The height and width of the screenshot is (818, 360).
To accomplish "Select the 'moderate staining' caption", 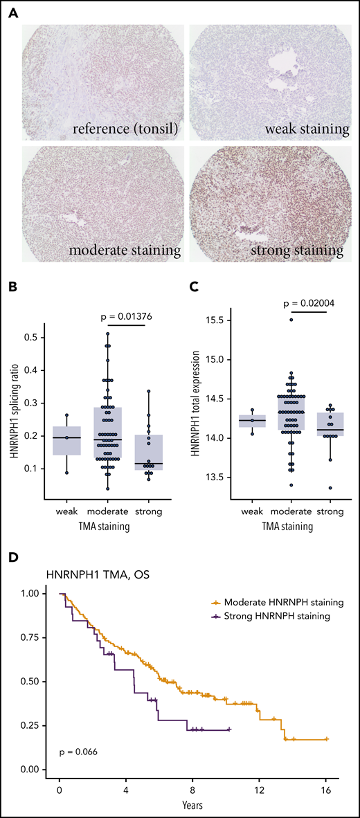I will [x=102, y=248].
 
